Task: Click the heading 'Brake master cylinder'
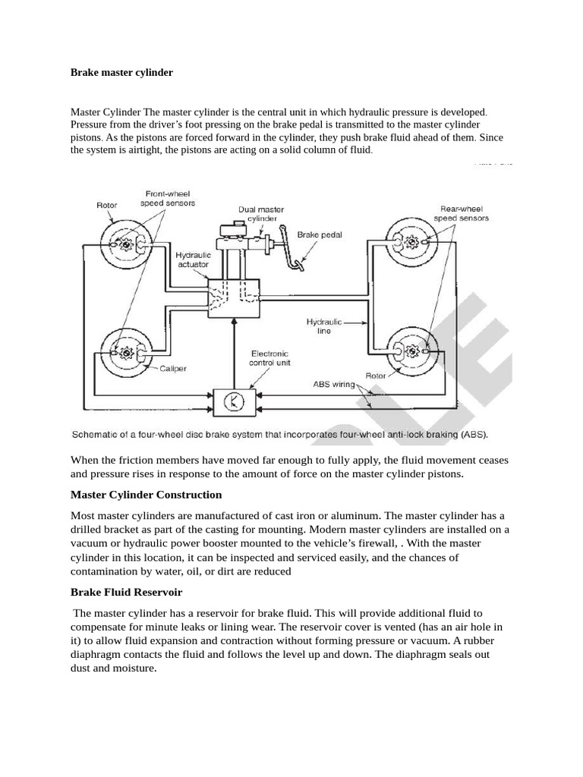121,73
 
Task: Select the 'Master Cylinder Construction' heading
146,495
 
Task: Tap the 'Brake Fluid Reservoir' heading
126,592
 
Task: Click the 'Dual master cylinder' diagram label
261,214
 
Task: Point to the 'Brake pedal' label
320,235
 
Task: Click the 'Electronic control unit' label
270,358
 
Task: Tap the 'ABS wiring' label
334,385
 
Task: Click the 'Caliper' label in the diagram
172,369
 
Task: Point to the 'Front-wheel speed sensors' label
168,198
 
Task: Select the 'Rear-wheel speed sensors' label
461,213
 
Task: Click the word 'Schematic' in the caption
94,435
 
